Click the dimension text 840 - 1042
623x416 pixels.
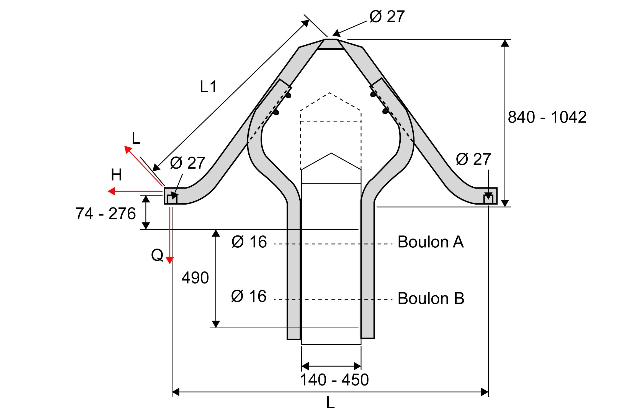[547, 117]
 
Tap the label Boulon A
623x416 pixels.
[431, 242]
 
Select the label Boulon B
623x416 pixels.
[431, 298]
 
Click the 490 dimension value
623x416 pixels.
[195, 278]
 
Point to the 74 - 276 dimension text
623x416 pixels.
[105, 214]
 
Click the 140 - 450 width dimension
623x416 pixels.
[334, 380]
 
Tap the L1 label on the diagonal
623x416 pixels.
[208, 87]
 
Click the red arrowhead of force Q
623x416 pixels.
[169, 260]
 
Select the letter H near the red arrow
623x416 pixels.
[116, 175]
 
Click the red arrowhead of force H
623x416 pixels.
[111, 191]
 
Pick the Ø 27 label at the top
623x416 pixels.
[387, 17]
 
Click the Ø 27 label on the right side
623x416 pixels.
[473, 159]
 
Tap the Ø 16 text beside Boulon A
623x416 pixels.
[249, 242]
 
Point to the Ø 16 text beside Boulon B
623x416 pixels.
[249, 296]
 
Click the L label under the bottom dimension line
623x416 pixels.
[330, 403]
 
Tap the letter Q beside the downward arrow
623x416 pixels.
[157, 255]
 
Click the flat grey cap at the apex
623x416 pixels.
[331, 44]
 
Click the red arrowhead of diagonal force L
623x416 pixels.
[128, 149]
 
